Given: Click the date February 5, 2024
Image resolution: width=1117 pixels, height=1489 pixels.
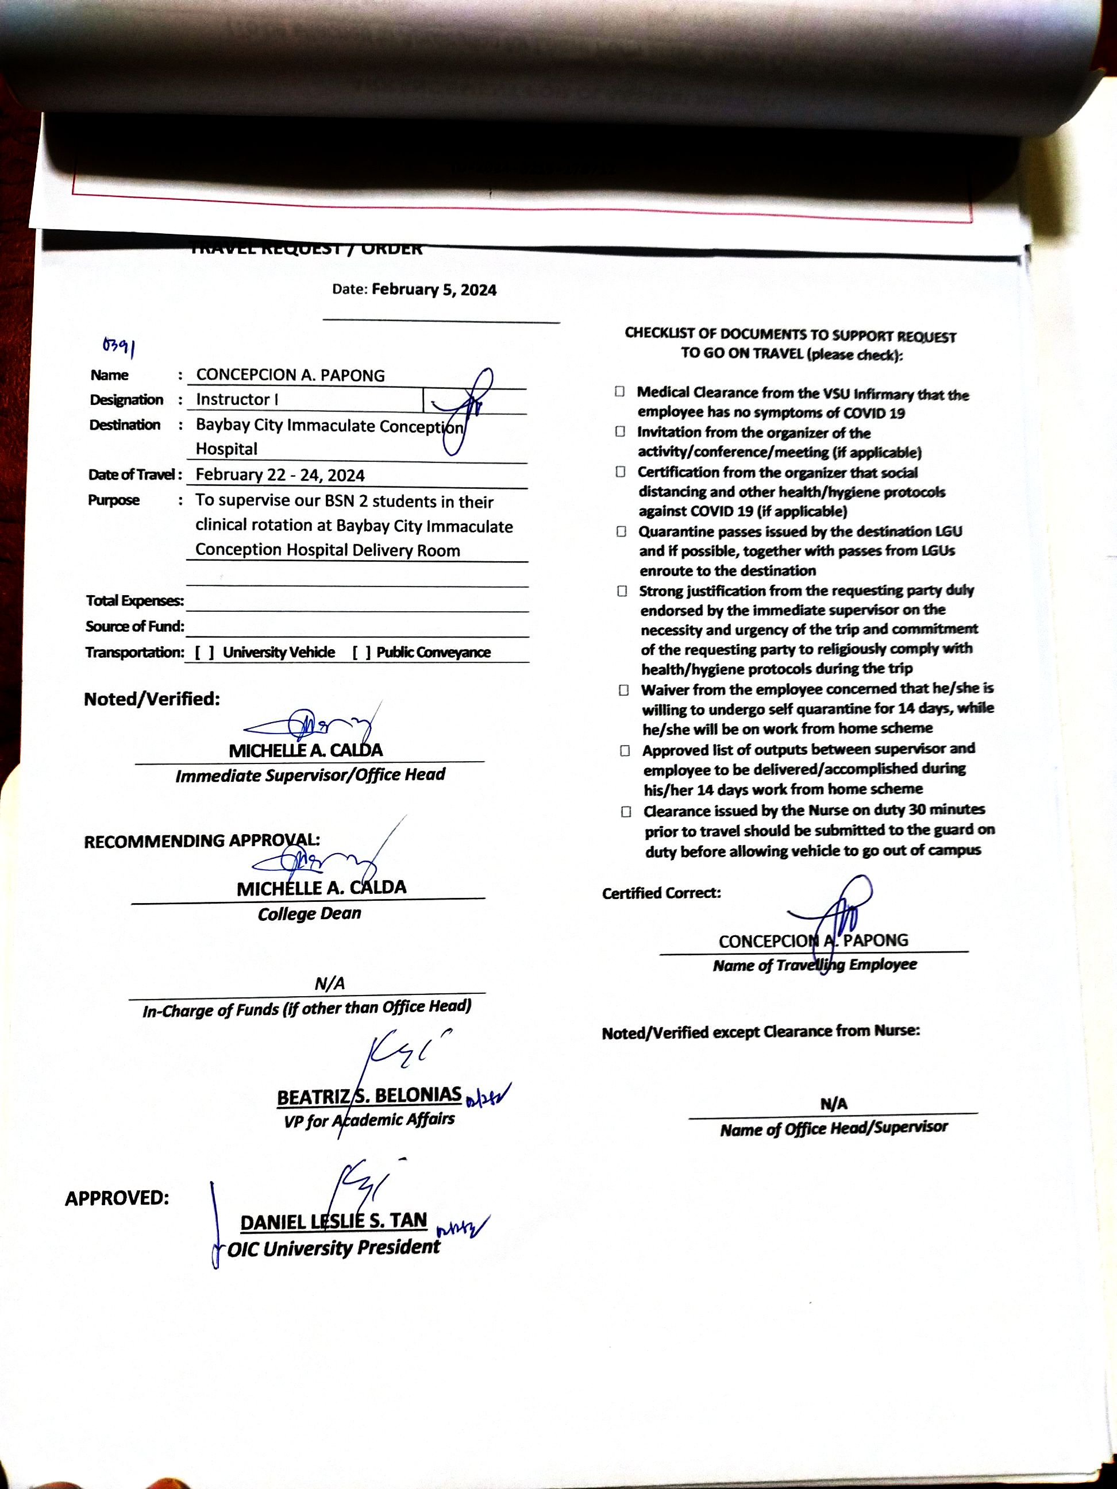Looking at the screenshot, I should pyautogui.click(x=434, y=290).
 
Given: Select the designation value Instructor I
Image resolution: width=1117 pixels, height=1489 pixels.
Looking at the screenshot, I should pyautogui.click(x=236, y=399).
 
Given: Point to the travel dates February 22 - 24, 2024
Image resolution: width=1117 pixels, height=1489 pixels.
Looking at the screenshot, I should pyautogui.click(x=280, y=475).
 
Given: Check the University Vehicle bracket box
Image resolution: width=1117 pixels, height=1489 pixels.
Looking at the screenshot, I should pyautogui.click(x=204, y=651).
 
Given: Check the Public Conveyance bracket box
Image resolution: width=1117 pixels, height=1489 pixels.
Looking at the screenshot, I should pyautogui.click(x=361, y=651).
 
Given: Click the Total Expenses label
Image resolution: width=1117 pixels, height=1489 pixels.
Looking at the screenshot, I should pyautogui.click(x=134, y=600).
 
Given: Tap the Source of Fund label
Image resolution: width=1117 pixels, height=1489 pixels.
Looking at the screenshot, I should pyautogui.click(x=134, y=626).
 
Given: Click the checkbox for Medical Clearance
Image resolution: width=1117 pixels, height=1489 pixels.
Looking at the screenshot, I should pyautogui.click(x=619, y=392).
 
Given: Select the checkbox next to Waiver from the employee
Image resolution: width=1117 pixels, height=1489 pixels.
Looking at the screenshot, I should pyautogui.click(x=624, y=690).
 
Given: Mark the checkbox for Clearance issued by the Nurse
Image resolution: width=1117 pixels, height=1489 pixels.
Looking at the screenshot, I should pyautogui.click(x=626, y=812).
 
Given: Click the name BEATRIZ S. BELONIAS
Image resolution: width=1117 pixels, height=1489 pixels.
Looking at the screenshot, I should pyautogui.click(x=369, y=1096).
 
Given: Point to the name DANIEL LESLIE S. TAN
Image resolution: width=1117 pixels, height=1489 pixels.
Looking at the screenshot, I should pyautogui.click(x=333, y=1220).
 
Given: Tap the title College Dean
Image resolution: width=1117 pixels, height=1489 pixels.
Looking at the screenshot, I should pyautogui.click(x=309, y=913).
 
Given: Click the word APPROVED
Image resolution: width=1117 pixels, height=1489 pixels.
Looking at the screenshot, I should pyautogui.click(x=117, y=1198).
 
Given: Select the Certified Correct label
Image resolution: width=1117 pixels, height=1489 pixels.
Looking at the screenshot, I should pyautogui.click(x=661, y=893).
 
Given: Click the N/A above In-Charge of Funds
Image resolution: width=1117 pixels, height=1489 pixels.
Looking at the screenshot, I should pyautogui.click(x=329, y=984).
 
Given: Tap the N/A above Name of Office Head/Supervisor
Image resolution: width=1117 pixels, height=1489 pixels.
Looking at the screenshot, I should pyautogui.click(x=834, y=1104).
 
